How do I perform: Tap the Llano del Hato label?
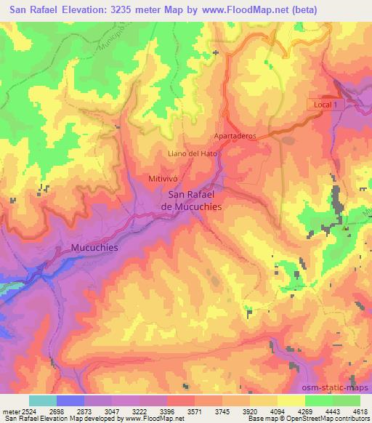click(x=193, y=153)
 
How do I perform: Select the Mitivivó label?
click(x=163, y=178)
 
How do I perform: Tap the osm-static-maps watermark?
click(x=335, y=385)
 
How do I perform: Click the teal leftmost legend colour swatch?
click(x=43, y=400)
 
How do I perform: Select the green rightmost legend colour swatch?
click(x=347, y=400)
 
